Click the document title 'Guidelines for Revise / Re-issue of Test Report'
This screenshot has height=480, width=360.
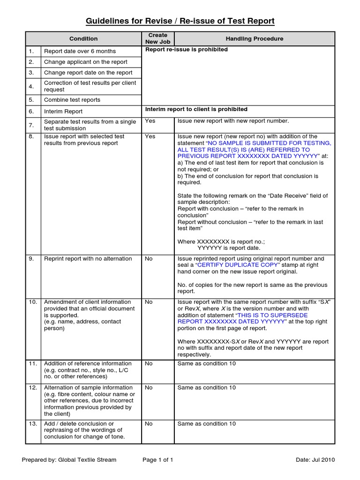pos(180,21)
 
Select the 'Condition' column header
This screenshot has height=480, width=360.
pos(83,39)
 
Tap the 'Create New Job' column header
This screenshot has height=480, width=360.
pos(157,38)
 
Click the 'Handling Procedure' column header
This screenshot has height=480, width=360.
pos(255,39)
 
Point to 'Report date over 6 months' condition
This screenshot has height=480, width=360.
pos(80,51)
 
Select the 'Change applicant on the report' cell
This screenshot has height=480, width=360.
pos(85,62)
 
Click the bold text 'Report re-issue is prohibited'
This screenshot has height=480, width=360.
pos(187,50)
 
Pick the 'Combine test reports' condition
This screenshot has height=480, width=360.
pos(72,100)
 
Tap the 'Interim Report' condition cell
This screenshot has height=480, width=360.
pos(63,112)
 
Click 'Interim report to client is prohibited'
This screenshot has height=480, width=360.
pos(196,109)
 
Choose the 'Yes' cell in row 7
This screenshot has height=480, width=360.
pos(150,121)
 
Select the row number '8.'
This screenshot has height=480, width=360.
pos(31,136)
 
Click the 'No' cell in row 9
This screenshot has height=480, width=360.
pos(149,259)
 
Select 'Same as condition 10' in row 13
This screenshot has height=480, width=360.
pos(206,424)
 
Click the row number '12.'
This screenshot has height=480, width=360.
pos(33,388)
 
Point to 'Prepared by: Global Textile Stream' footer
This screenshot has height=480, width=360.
pos(69,460)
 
